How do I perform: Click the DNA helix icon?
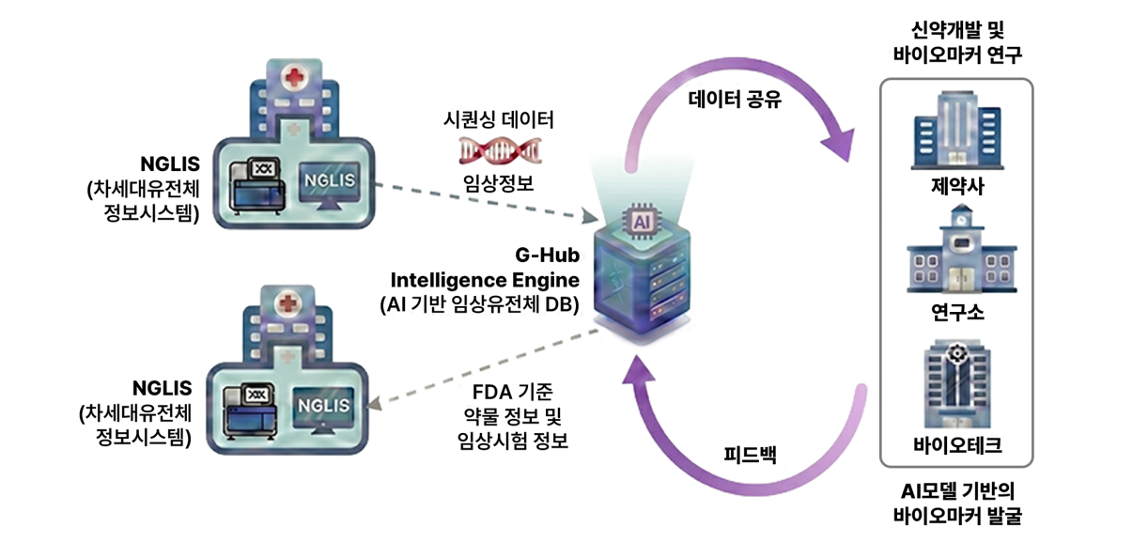pyautogui.click(x=499, y=150)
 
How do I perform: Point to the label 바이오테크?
pyautogui.click(x=956, y=444)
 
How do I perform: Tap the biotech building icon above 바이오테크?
pyautogui.click(x=956, y=385)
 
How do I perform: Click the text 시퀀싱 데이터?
pyautogui.click(x=499, y=120)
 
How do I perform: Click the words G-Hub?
pyautogui.click(x=546, y=256)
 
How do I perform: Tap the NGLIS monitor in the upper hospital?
pyautogui.click(x=329, y=179)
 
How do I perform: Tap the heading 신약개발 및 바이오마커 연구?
pyautogui.click(x=956, y=43)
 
